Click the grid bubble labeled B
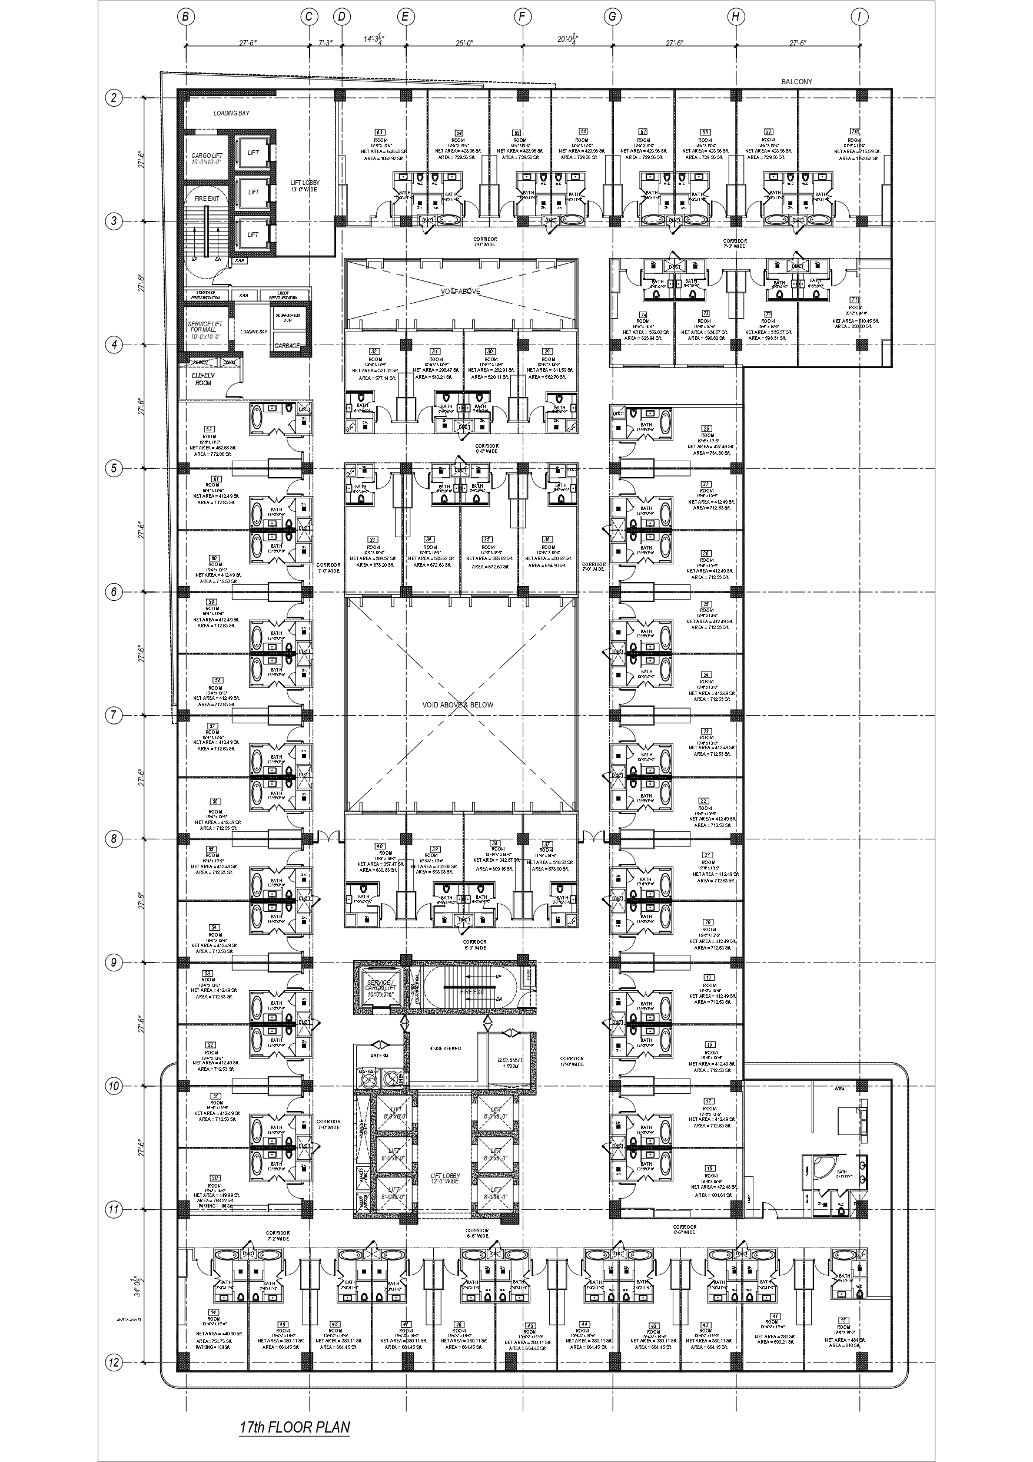185,17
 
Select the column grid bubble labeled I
859,17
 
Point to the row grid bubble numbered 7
113,715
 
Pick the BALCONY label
796,81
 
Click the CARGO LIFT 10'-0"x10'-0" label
206,158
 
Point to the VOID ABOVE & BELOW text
457,705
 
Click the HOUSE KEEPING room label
445,1048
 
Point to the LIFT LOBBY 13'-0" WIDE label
304,186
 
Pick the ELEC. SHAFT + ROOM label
510,1063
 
